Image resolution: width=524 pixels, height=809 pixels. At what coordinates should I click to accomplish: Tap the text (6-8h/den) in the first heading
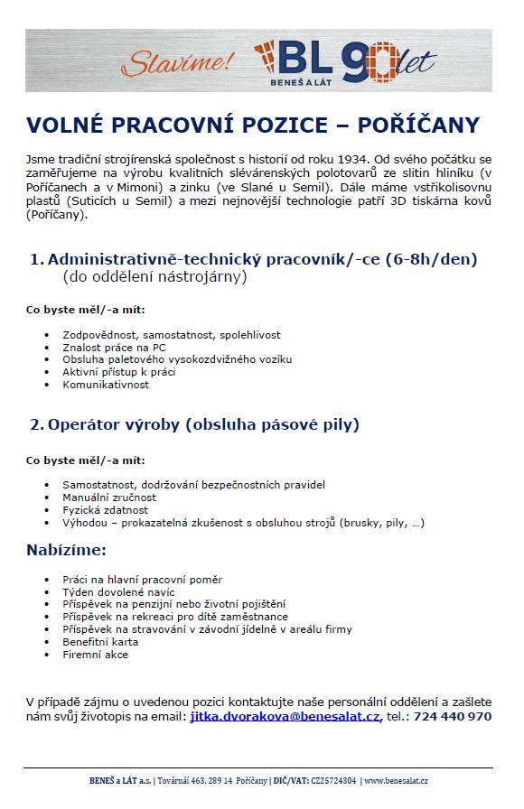431,260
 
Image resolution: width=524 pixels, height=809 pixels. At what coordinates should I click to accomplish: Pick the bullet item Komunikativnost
106,385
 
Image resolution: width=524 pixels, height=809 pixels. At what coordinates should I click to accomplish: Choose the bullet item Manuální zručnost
109,497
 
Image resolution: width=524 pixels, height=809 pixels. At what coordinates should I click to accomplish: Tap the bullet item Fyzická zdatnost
104,509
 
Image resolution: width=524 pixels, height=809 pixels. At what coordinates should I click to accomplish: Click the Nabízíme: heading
66,549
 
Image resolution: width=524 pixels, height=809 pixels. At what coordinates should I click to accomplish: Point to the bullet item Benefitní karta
101,642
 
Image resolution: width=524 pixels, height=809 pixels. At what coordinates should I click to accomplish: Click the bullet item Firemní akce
95,655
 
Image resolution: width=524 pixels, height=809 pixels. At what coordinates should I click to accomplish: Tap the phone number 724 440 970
454,716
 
